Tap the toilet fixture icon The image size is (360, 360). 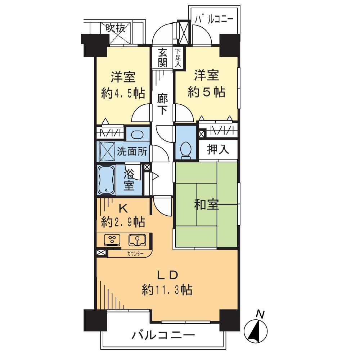186,150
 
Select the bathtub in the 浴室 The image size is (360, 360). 107,180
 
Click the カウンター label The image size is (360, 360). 135,253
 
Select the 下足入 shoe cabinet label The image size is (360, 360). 179,58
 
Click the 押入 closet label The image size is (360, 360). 218,149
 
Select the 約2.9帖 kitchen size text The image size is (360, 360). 123,222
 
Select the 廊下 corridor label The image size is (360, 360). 162,104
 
